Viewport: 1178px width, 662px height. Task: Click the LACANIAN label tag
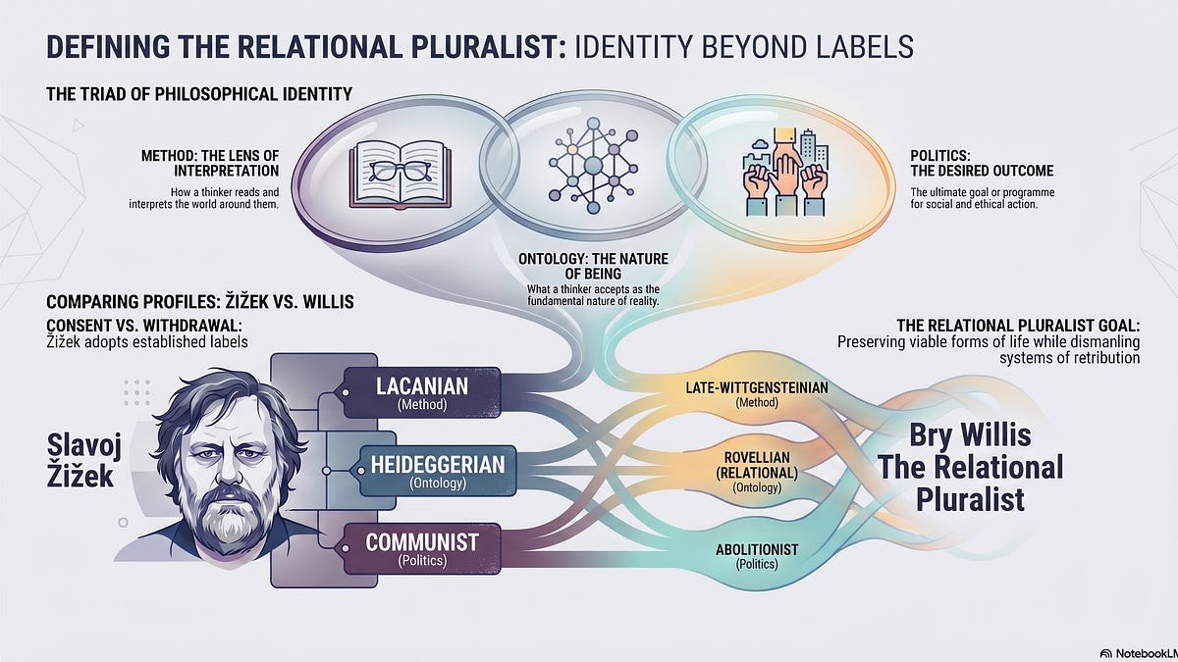[x=422, y=392]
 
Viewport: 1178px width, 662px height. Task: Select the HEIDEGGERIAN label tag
[x=438, y=471]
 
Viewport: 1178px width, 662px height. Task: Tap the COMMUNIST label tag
[x=422, y=548]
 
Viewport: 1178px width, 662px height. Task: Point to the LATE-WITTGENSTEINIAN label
[x=757, y=394]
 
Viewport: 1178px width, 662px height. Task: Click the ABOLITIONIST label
[x=757, y=556]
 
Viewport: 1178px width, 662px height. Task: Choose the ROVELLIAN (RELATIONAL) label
[x=757, y=472]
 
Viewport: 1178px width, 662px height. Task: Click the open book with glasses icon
[x=401, y=175]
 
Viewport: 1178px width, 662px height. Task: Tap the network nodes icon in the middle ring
[x=593, y=166]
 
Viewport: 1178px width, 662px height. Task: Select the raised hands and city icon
[x=784, y=173]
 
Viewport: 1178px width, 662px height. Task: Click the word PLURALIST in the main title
[x=488, y=46]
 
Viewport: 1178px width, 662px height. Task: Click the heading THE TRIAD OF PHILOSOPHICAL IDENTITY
[x=199, y=94]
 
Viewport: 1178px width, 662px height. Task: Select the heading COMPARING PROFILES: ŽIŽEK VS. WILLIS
[x=200, y=302]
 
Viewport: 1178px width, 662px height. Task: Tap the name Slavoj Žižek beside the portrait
[x=83, y=460]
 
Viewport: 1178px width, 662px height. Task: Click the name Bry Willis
[x=970, y=435]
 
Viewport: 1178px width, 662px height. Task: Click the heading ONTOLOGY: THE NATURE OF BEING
[x=593, y=267]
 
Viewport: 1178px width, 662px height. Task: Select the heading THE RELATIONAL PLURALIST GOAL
[x=1018, y=326]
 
